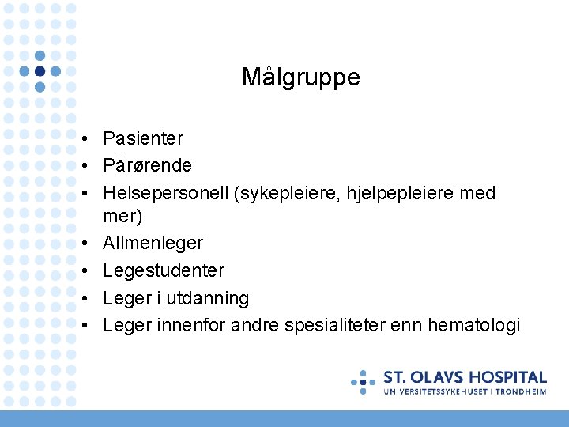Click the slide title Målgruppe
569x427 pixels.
300,77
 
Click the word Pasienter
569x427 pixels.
143,138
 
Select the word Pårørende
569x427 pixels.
147,165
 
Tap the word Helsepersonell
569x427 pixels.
165,193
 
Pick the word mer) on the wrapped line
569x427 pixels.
122,215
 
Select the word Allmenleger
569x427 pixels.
153,243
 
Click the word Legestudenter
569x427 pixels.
164,270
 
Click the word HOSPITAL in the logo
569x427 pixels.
509,377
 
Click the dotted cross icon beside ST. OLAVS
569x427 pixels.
364,381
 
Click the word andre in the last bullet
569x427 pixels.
251,325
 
